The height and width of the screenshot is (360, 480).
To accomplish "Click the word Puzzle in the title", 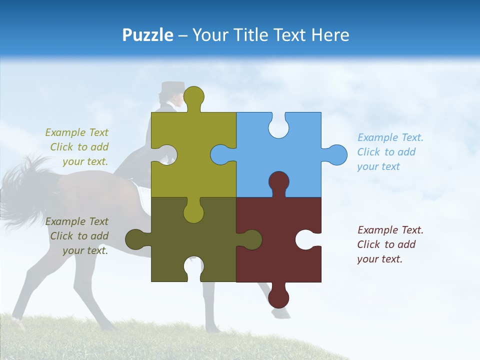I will click(147, 35).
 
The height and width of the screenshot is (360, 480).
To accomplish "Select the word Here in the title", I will click(329, 35).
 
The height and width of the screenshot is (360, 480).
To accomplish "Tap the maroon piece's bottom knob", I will click(278, 297).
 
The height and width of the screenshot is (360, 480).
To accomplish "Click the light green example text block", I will click(77, 147).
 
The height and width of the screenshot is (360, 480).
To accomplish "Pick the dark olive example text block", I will click(77, 236).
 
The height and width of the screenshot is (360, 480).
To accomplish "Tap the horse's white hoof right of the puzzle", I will click(281, 313).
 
